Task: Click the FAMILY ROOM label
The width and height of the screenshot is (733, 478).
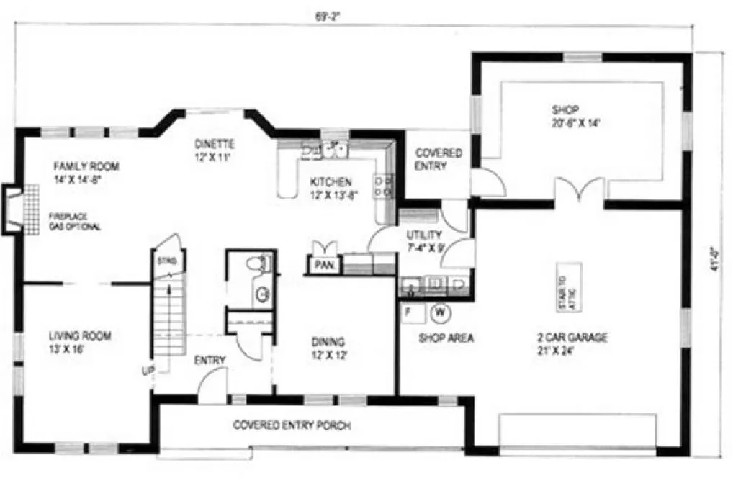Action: click(x=86, y=167)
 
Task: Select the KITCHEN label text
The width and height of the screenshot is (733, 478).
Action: click(x=330, y=182)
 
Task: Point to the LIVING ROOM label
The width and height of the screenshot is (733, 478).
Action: click(x=80, y=335)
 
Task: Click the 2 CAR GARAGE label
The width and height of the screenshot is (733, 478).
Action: click(x=572, y=337)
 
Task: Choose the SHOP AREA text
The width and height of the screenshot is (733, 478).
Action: click(x=446, y=338)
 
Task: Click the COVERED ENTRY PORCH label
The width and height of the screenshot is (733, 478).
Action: click(x=292, y=425)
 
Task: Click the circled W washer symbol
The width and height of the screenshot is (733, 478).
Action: click(x=439, y=312)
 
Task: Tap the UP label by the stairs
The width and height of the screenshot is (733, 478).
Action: click(x=147, y=371)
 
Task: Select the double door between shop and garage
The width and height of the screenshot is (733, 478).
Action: click(x=580, y=191)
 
